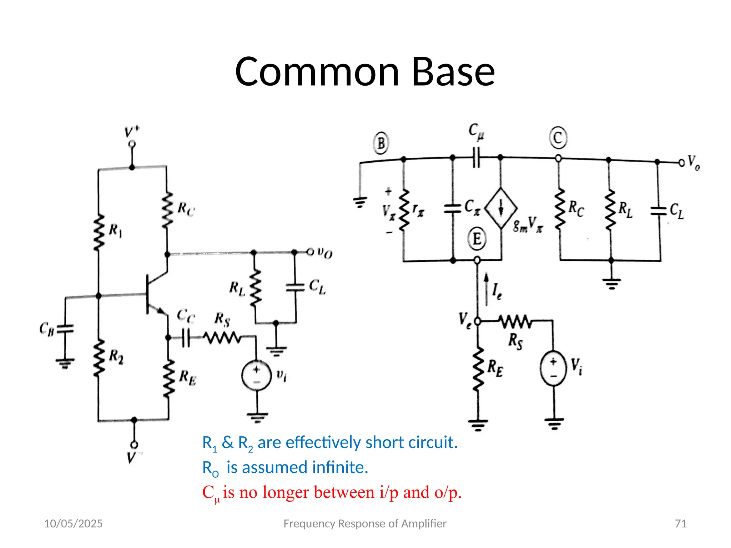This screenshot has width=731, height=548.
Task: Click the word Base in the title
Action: (x=453, y=72)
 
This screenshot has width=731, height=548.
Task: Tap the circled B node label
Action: (x=381, y=143)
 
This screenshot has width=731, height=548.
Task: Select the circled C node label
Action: (x=558, y=138)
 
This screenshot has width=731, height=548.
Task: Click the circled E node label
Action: (x=477, y=238)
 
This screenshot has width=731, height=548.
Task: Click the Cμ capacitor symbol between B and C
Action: (x=476, y=158)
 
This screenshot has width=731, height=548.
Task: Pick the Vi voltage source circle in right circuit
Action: (x=553, y=368)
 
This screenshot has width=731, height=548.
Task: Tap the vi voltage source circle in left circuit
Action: (x=256, y=375)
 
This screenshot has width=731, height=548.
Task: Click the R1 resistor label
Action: (x=115, y=230)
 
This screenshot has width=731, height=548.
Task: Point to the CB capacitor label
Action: (x=46, y=329)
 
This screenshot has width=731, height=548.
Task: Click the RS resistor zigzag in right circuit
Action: (x=515, y=322)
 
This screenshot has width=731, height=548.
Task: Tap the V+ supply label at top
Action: (x=132, y=132)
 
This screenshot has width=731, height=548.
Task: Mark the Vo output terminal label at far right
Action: (x=693, y=162)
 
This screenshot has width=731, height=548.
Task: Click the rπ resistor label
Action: (x=418, y=209)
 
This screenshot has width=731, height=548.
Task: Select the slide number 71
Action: (x=681, y=523)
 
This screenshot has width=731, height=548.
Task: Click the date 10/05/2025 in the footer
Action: (x=73, y=523)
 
